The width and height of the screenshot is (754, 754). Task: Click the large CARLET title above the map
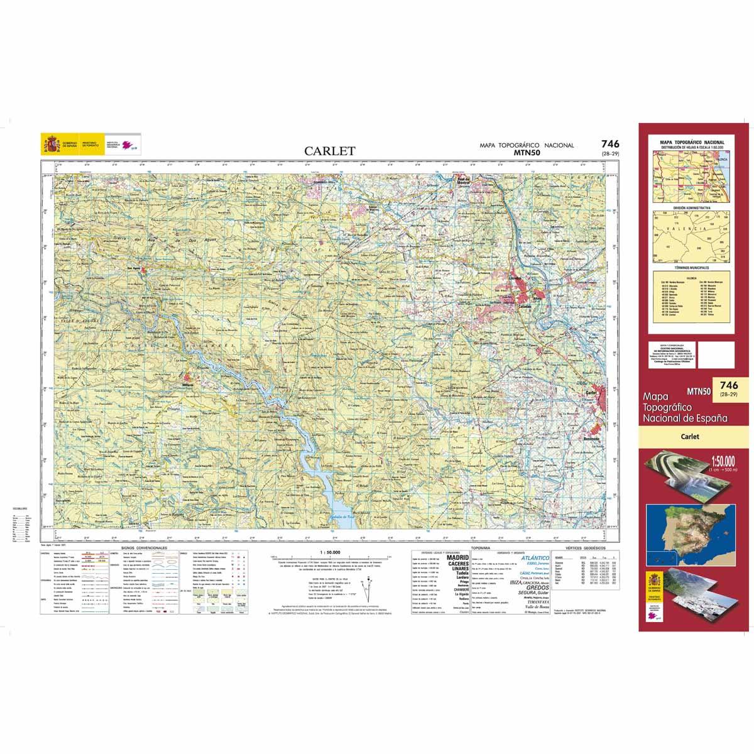330,151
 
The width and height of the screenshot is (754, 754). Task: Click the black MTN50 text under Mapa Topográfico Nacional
527,152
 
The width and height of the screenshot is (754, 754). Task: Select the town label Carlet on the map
591,391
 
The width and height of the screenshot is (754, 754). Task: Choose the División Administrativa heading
691,207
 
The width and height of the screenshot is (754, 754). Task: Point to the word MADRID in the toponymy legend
457,557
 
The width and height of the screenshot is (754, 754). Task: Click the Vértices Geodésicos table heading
584,548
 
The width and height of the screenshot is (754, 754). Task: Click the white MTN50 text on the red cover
699,391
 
